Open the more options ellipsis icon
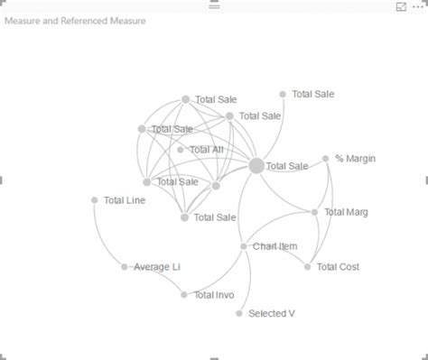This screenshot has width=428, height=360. [416, 6]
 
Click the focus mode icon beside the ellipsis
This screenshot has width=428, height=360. [401, 6]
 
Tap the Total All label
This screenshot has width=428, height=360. [206, 150]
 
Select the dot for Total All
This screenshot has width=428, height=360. [181, 150]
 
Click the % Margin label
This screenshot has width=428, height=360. [355, 159]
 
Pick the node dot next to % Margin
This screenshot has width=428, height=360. [326, 159]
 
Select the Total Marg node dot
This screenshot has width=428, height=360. [314, 212]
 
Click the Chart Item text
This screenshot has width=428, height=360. [274, 246]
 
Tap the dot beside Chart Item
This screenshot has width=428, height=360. [244, 246]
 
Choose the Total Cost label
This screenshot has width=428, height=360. [338, 267]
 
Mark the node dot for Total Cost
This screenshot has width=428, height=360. [307, 267]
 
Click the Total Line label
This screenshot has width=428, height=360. [125, 200]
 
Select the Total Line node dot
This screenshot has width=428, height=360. [94, 200]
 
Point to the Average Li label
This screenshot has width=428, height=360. [157, 267]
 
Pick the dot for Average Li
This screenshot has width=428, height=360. [125, 267]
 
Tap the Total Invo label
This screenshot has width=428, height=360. [214, 295]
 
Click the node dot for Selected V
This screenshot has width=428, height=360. [239, 314]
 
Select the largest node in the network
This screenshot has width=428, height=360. [256, 166]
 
